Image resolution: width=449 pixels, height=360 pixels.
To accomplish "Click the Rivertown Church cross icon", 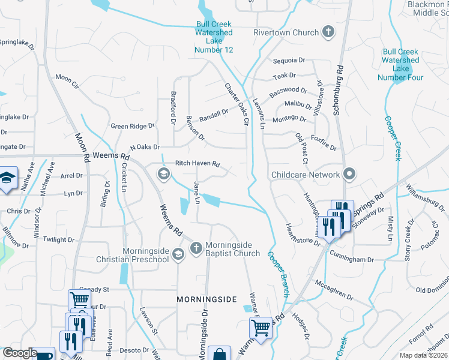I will click(x=328, y=32).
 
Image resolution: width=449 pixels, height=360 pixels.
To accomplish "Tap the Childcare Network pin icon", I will click(x=350, y=175).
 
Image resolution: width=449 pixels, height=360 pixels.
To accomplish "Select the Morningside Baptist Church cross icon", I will click(x=196, y=248).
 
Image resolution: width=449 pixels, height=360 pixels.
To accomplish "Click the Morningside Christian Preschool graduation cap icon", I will click(x=178, y=255).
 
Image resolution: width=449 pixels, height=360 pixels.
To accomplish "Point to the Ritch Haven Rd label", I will click(x=197, y=163).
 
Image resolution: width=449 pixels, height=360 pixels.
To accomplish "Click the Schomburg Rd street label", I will click(x=340, y=78).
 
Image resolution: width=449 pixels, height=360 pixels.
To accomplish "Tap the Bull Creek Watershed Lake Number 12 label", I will click(x=213, y=37).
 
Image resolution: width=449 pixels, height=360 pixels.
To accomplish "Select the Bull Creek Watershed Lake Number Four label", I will click(x=400, y=64).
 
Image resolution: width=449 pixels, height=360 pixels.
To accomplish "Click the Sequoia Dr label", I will click(x=289, y=61).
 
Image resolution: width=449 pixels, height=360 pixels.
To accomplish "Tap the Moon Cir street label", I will click(x=67, y=78).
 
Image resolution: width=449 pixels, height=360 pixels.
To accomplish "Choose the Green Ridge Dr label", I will click(x=133, y=126).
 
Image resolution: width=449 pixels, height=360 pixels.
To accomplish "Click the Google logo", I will click(x=20, y=353).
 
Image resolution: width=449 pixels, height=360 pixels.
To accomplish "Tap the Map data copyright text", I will click(x=423, y=355).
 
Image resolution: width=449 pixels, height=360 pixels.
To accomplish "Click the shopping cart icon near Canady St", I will click(x=79, y=298).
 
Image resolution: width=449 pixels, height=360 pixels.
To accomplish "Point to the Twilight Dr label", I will click(x=59, y=239).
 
